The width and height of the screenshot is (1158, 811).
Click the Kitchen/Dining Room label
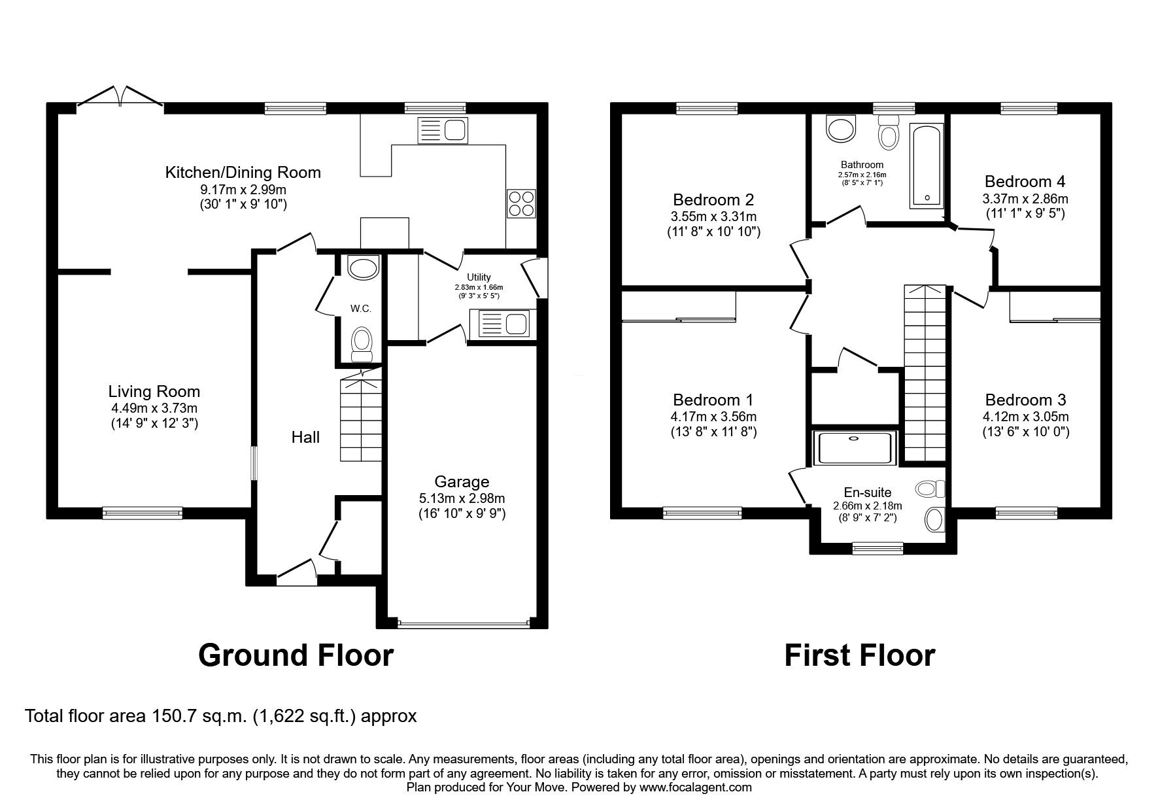coord(243,173)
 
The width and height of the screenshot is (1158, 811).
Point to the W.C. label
coord(360,308)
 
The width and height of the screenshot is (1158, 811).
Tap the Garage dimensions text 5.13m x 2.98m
coord(462,498)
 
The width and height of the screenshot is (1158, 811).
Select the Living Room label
coord(154,392)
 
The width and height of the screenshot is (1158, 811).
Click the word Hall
coord(305,437)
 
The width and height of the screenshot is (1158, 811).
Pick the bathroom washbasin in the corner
coord(840,128)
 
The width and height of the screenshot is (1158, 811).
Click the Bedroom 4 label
coord(1025,181)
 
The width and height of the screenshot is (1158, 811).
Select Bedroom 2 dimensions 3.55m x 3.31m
coord(713,216)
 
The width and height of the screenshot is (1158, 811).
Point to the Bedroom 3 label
coord(1025,400)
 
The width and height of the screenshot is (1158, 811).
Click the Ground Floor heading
coord(296,655)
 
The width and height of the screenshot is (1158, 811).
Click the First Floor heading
coord(859,655)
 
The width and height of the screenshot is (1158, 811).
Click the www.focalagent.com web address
coord(696,787)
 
